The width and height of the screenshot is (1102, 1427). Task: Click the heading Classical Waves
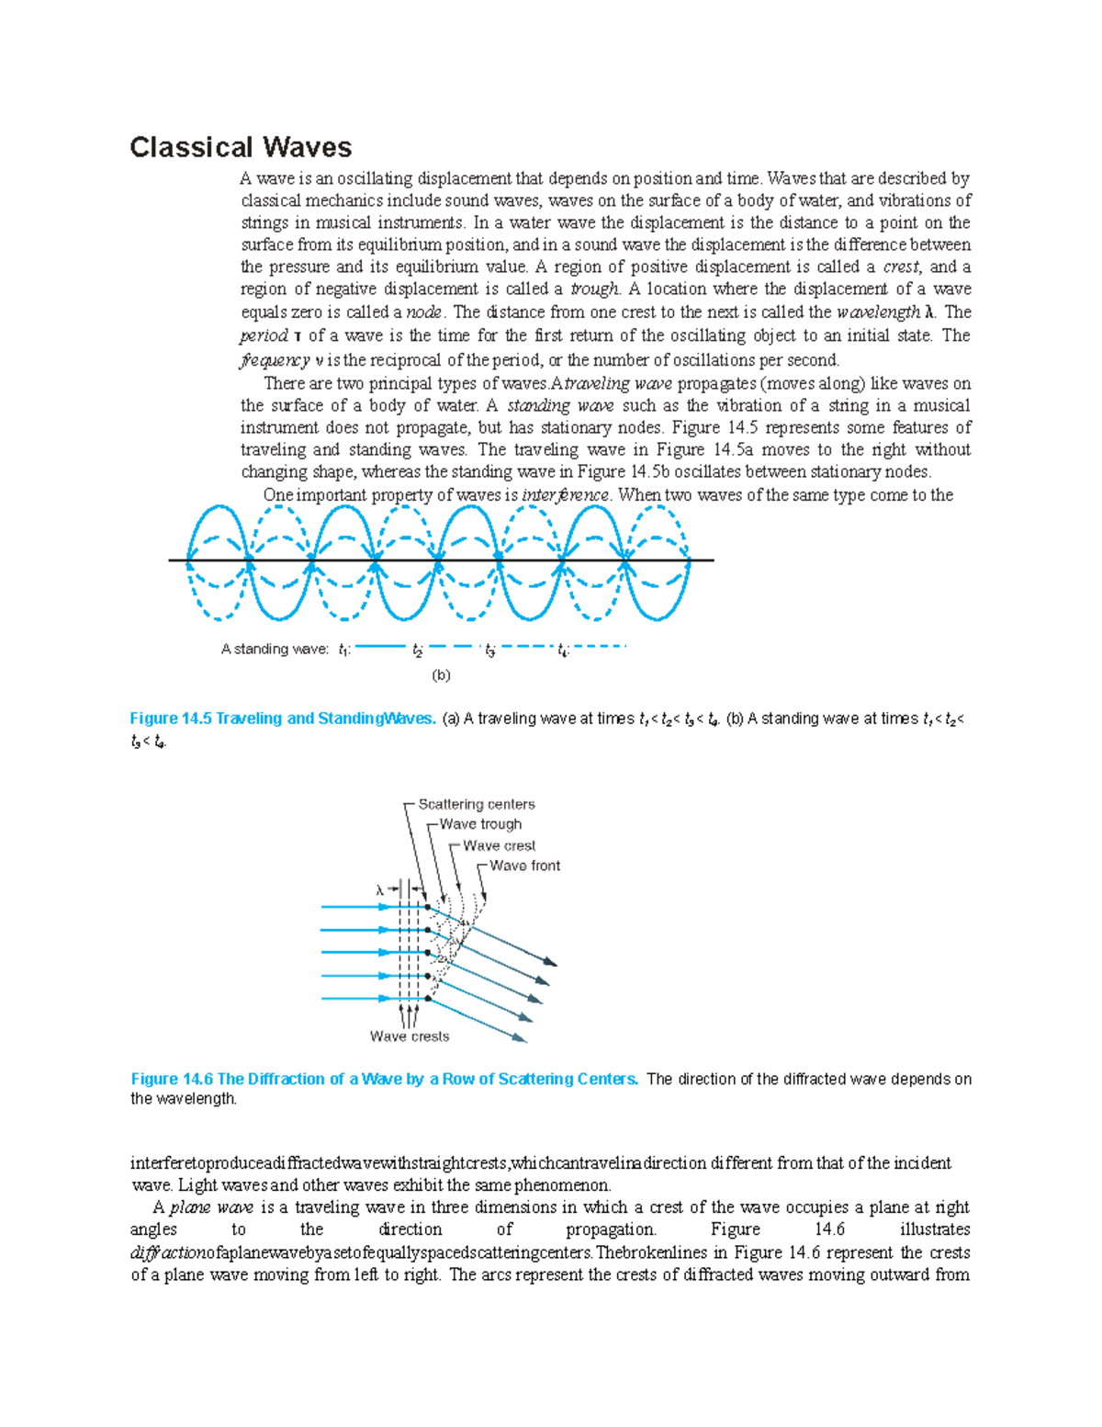[241, 147]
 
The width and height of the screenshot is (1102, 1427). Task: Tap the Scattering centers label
[476, 804]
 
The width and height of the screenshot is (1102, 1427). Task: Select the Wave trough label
[480, 824]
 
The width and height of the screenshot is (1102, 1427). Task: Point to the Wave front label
[524, 866]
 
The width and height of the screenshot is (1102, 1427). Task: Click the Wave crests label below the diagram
[410, 1036]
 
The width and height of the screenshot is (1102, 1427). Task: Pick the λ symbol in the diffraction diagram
[379, 889]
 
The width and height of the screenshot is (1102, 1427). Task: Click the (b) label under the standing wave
[441, 674]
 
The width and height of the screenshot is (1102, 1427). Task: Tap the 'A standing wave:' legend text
[274, 649]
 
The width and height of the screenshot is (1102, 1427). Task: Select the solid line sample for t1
[380, 647]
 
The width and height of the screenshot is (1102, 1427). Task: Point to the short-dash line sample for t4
[600, 647]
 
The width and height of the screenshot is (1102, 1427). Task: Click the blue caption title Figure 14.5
[283, 719]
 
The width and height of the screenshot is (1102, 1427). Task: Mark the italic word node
[424, 311]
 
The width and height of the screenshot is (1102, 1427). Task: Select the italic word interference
[565, 495]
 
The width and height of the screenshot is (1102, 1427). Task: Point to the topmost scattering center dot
[428, 907]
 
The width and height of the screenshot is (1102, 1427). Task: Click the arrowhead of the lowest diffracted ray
[521, 1038]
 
